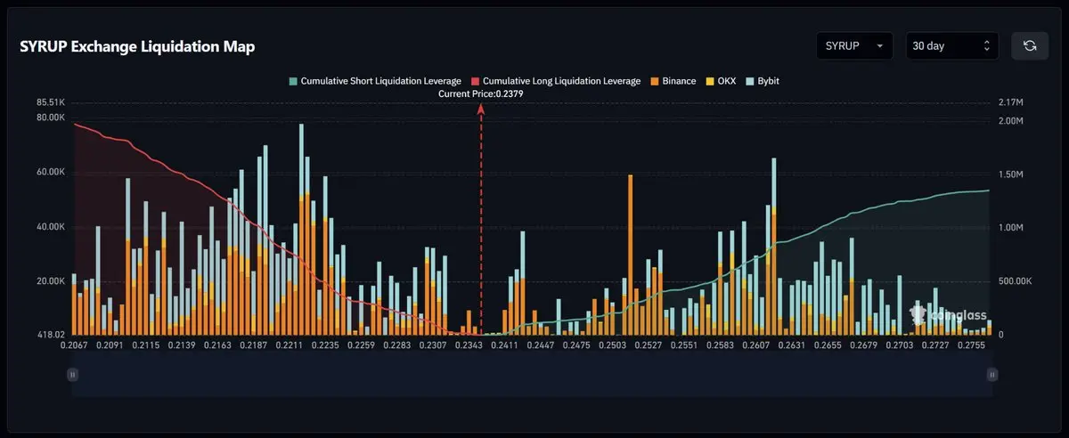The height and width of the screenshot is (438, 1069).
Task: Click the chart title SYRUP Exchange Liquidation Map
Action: tap(137, 47)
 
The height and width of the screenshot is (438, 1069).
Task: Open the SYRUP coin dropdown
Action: tap(854, 45)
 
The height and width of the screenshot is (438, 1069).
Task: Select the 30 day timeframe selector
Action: tap(951, 45)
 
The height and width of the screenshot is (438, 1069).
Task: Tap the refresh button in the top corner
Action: tap(1030, 45)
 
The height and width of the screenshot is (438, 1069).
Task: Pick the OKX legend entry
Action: tap(723, 81)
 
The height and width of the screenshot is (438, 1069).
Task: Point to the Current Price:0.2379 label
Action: tap(481, 93)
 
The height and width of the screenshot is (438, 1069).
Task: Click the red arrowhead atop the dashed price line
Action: tap(481, 108)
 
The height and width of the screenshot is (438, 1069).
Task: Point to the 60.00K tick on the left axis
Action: tap(50, 172)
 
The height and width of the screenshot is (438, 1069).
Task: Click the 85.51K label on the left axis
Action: tap(50, 102)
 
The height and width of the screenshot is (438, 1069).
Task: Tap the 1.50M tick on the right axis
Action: tap(1012, 174)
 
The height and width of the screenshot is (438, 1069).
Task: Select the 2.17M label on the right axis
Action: tap(1012, 102)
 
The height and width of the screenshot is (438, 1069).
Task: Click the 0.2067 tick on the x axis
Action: tap(75, 344)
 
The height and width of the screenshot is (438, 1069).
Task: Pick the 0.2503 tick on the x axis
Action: tap(613, 344)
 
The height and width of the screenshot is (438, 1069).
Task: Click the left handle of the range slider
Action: tap(72, 376)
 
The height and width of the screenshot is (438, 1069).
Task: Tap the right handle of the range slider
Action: tap(991, 376)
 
